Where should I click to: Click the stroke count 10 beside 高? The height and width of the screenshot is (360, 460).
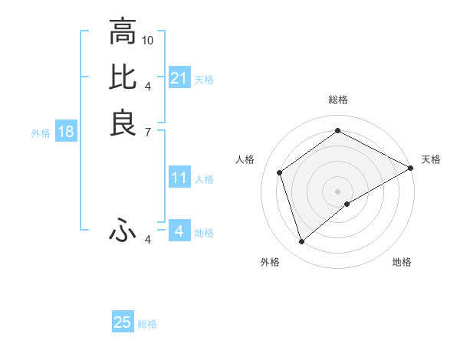click(148, 39)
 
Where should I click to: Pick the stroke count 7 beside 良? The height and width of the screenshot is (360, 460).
click(148, 132)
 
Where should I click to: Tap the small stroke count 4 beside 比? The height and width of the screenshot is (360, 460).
click(148, 86)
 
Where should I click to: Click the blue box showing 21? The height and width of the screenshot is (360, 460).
click(179, 78)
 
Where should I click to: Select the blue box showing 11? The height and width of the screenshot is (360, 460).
click(179, 178)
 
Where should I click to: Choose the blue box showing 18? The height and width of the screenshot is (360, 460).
click(66, 132)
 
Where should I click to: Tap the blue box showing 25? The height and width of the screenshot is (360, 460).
click(123, 322)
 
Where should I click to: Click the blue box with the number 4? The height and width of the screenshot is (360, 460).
click(179, 231)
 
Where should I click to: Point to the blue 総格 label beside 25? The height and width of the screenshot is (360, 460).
click(147, 324)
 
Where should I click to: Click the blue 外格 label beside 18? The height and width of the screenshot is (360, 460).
click(41, 133)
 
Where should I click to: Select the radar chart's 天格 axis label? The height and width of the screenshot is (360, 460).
click(431, 159)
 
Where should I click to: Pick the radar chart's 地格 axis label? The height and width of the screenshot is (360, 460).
click(402, 262)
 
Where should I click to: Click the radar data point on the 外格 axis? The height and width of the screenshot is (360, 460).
click(301, 242)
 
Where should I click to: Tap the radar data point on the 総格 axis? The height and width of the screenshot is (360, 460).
click(338, 131)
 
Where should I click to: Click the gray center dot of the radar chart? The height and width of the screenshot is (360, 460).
click(338, 191)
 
